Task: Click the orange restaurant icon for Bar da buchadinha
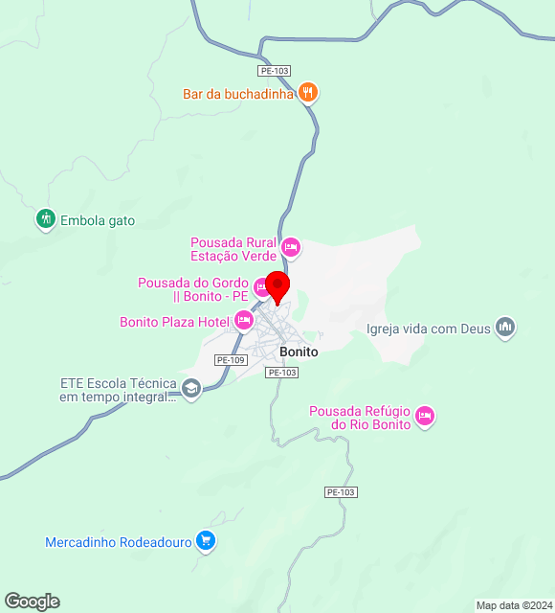click(307, 93)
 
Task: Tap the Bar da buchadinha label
click(238, 94)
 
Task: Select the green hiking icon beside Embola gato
click(45, 219)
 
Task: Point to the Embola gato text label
click(98, 220)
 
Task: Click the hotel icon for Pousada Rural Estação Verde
click(292, 248)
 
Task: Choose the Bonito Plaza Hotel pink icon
click(244, 320)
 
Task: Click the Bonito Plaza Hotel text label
click(174, 322)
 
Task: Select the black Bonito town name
click(299, 352)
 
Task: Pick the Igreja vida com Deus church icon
click(505, 329)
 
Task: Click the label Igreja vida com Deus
click(428, 329)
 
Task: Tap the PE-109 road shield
click(231, 360)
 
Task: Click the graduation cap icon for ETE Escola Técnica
click(190, 389)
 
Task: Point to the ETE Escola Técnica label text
click(118, 390)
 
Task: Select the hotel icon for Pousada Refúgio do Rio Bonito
click(425, 417)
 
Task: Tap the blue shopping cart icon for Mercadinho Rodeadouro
click(205, 541)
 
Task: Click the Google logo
click(32, 601)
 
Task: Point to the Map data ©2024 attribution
click(514, 604)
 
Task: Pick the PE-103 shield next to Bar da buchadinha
click(274, 71)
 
